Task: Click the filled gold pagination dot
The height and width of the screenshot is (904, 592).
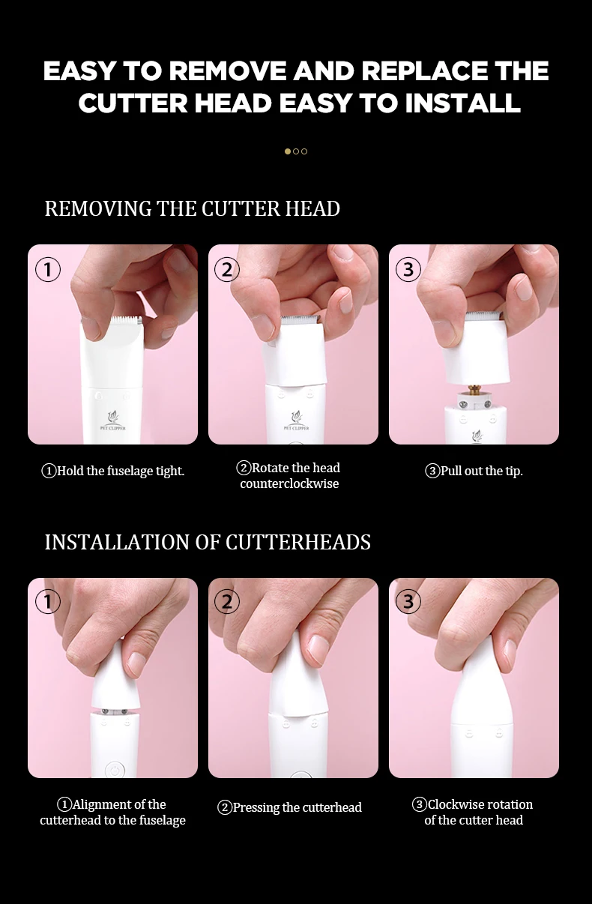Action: [x=288, y=151]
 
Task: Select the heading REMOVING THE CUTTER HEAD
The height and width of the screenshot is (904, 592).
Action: [x=192, y=208]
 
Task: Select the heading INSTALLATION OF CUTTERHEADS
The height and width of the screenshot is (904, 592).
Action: [x=208, y=542]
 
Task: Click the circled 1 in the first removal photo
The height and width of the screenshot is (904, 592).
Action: [x=48, y=270]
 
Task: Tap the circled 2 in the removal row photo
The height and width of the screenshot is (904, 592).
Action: [x=227, y=270]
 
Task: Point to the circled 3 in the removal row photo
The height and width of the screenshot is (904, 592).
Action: [x=408, y=270]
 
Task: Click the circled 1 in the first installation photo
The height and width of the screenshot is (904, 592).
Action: [x=48, y=601]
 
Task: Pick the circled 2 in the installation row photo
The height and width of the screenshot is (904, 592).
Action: [x=227, y=601]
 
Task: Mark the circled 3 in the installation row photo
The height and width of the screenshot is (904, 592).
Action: [x=408, y=601]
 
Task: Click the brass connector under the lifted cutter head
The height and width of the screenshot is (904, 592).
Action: [x=473, y=391]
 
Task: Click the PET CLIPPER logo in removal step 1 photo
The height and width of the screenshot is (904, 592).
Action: [x=112, y=421]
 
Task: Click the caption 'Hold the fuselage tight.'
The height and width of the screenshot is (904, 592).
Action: [x=113, y=471]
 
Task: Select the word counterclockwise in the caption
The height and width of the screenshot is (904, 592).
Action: [x=289, y=484]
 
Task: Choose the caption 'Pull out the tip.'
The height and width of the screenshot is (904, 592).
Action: [x=474, y=471]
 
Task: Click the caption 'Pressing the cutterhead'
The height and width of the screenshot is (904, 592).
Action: [x=289, y=807]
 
